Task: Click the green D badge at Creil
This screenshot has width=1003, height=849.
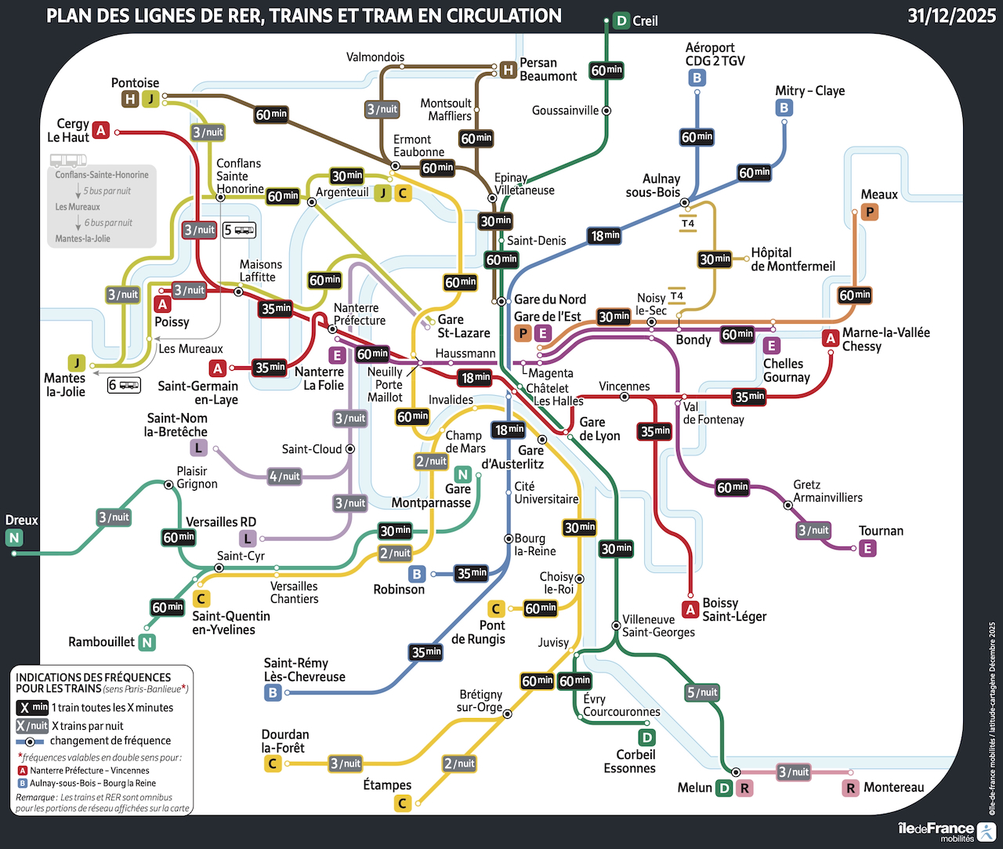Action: click(x=621, y=21)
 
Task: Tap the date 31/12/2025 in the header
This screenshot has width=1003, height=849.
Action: click(x=951, y=16)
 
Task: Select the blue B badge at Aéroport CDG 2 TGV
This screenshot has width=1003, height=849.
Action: click(x=697, y=78)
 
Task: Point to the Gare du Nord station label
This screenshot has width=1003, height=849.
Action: click(x=549, y=299)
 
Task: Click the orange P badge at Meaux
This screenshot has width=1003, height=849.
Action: click(x=869, y=212)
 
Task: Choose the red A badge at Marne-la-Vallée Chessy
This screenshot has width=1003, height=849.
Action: click(x=831, y=339)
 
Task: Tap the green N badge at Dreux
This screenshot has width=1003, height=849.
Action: click(x=14, y=537)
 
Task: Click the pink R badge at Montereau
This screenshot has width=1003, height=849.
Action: click(x=851, y=788)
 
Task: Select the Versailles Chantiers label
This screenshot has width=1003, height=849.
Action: click(x=294, y=593)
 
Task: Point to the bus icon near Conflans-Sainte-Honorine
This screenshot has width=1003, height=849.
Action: click(x=68, y=160)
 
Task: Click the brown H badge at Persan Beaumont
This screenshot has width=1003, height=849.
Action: click(x=508, y=70)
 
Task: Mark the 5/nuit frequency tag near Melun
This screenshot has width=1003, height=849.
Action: click(x=702, y=692)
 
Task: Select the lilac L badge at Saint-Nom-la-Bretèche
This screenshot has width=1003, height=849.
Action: click(x=199, y=448)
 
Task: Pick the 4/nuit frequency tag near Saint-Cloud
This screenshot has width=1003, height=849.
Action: click(x=284, y=476)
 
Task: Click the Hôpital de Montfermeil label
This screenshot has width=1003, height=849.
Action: click(x=792, y=259)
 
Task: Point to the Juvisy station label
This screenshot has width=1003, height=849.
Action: click(x=553, y=642)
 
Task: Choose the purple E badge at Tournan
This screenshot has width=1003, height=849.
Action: click(x=867, y=548)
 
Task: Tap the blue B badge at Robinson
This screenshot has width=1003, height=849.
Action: click(x=417, y=574)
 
